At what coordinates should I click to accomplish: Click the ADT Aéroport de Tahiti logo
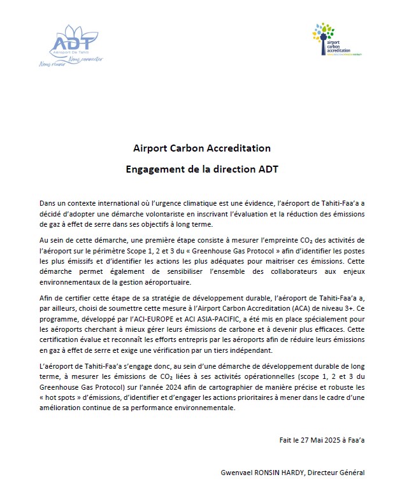coord(75,46)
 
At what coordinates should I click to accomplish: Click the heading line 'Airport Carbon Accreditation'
coord(201,148)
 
